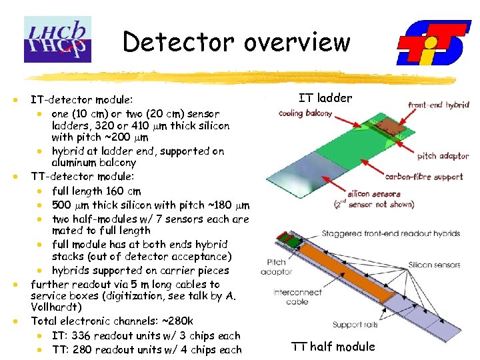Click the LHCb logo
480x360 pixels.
coord(57,39)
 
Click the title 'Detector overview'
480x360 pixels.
coord(236,42)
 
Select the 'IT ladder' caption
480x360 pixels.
coord(325,98)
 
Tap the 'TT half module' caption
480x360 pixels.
coord(333,346)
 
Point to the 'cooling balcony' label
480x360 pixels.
coord(305,113)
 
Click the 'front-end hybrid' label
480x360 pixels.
coord(438,105)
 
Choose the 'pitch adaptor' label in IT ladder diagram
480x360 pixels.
coord(443,156)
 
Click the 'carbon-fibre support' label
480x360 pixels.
coord(423,177)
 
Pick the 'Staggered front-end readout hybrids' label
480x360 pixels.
coord(391,234)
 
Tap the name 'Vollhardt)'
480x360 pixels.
coord(56,307)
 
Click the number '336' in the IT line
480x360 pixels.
coord(86,335)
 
